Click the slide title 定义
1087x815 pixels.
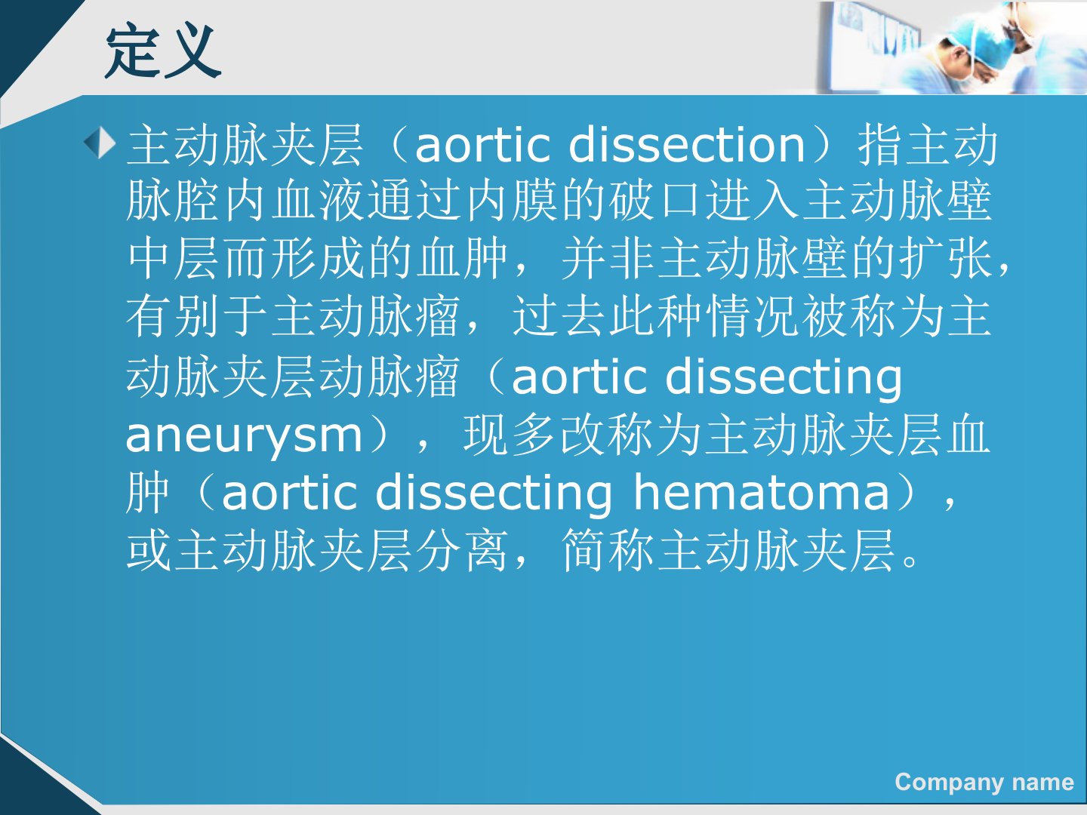(163, 52)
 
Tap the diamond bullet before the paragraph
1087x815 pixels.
(100, 143)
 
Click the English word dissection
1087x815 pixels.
(687, 145)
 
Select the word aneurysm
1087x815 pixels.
(244, 435)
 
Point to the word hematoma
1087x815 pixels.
(762, 492)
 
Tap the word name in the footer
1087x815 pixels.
(1043, 783)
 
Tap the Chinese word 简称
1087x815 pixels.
(607, 550)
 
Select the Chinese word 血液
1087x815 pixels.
(318, 201)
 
